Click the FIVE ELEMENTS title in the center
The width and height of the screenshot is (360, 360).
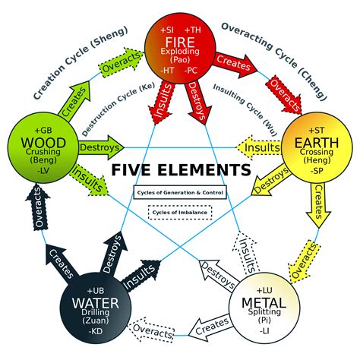click(x=181, y=169)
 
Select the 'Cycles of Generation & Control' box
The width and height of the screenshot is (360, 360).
click(x=179, y=193)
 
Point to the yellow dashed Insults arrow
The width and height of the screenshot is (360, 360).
click(x=258, y=147)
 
